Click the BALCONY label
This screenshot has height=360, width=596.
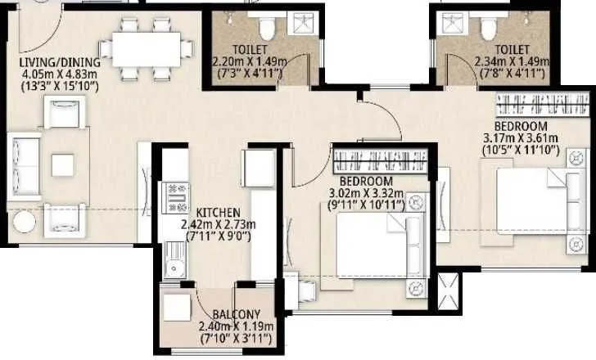click(x=236, y=315)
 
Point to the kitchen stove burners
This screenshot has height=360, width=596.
click(x=176, y=197)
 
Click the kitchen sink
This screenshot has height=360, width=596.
click(x=174, y=263)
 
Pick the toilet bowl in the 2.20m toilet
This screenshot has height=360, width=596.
click(x=266, y=31)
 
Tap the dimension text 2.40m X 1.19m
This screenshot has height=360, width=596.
click(x=236, y=327)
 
